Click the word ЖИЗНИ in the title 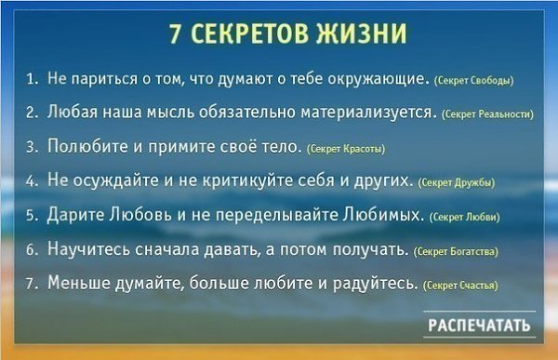[x=361, y=33]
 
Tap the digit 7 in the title [x=174, y=34]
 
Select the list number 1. [x=32, y=79]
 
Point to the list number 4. [x=32, y=181]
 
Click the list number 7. [x=32, y=284]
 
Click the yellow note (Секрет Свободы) [x=474, y=81]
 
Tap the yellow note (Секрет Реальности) [x=487, y=114]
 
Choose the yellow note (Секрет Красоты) [x=346, y=149]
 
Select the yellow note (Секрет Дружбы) [x=457, y=182]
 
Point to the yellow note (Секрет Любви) [x=465, y=218]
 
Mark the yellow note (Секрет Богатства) [x=456, y=251]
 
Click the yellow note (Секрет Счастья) [x=460, y=286]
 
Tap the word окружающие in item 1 [x=378, y=79]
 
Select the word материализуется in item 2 [x=368, y=113]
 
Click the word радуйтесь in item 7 [x=376, y=284]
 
